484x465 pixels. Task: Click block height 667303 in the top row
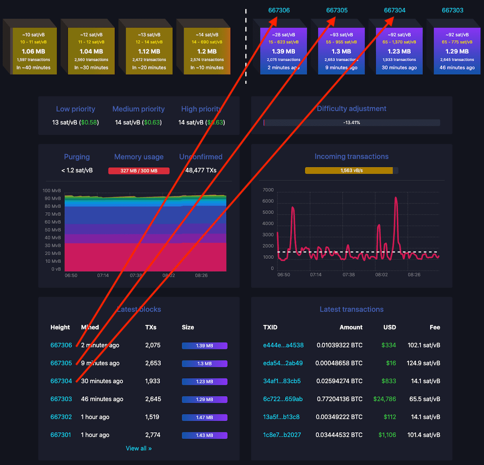tap(452, 10)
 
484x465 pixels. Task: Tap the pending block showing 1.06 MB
tap(34, 51)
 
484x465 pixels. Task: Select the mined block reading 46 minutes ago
tap(457, 51)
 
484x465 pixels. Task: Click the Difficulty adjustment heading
tap(351, 109)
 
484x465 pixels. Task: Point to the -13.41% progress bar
tap(351, 123)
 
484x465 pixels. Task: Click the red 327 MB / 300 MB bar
tap(139, 171)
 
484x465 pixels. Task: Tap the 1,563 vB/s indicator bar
tap(351, 171)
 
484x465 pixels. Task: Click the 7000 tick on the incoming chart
tap(268, 190)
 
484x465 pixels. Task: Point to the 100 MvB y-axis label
tap(52, 191)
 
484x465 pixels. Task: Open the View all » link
tap(139, 448)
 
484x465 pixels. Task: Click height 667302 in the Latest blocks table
tap(61, 417)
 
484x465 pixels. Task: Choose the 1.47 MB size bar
tap(204, 417)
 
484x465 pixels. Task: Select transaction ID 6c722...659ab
tap(283, 399)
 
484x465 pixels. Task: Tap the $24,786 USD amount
tap(384, 399)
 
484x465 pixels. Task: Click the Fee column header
tap(435, 327)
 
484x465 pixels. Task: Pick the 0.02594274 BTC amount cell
tap(339, 381)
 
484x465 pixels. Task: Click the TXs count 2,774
tap(153, 435)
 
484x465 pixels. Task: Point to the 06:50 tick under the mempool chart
tap(71, 276)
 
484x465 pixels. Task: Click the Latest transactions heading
tap(351, 309)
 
